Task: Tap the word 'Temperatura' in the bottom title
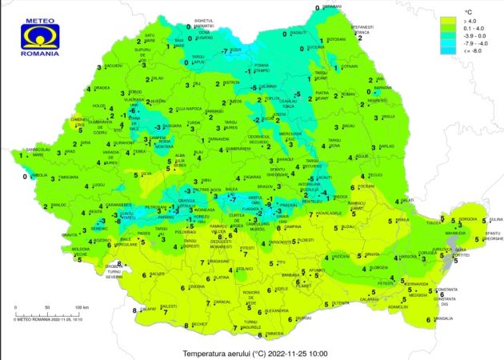[x=204, y=353]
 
